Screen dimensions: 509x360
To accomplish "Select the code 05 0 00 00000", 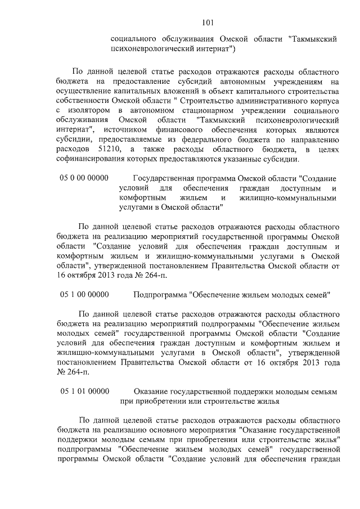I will click(x=84, y=178).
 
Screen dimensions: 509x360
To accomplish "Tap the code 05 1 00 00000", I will click(x=84, y=294).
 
